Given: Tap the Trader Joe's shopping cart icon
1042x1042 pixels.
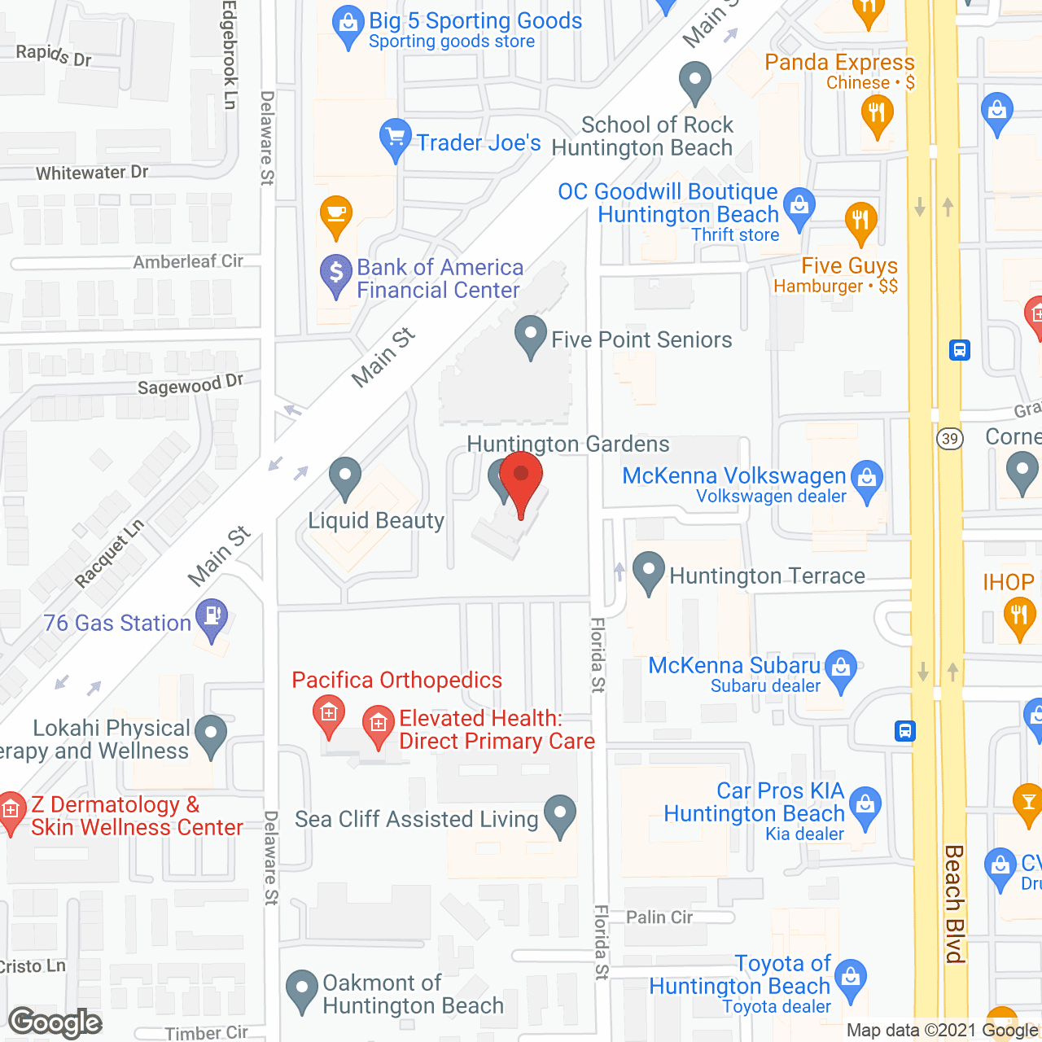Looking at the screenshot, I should coord(395,139).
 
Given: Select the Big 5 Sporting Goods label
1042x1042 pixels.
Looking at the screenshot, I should coord(475,21).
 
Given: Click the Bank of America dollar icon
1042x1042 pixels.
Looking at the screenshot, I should coord(335,275).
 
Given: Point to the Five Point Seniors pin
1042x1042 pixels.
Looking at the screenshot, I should coord(531,336).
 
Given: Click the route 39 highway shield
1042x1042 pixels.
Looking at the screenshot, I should coord(949,439).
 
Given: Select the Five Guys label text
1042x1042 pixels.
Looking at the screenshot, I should coord(849,266).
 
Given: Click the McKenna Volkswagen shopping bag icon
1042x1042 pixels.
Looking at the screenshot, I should coord(867,477).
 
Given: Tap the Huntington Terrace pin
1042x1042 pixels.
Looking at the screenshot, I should coord(649,572).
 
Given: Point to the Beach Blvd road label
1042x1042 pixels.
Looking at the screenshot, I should coord(954,904).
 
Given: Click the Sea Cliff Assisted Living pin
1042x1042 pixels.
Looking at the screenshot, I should coord(560,815).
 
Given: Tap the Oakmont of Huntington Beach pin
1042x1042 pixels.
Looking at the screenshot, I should coord(302,990).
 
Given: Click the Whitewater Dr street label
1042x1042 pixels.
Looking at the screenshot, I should coord(92,173).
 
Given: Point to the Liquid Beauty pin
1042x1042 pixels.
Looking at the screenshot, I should coord(345,478).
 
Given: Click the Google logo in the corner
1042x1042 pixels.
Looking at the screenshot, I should coord(55,1022).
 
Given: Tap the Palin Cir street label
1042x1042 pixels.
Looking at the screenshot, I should coord(659,917).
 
